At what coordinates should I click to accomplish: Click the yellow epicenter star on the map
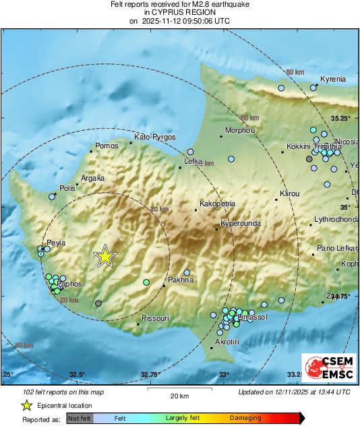point(105,255)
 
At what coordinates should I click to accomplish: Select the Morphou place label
point(239,130)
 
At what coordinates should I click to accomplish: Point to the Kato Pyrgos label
point(155,137)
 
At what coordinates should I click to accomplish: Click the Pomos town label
point(107,146)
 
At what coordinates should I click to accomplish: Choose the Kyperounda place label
point(241,224)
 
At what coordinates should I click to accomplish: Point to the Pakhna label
point(180,279)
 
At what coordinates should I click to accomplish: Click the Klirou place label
point(289,193)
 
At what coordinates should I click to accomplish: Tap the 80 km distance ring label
point(295,72)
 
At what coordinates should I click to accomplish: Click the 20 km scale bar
point(179,389)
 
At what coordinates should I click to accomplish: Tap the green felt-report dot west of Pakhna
point(146,282)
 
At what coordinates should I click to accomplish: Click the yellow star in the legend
point(27,405)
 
